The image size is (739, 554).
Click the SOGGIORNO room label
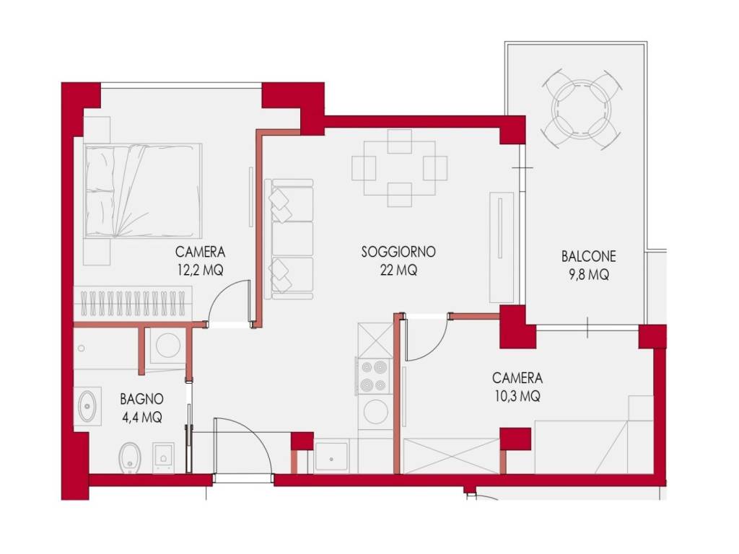click(398, 252)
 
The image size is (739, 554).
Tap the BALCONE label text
click(588, 256)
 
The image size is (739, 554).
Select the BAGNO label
click(141, 399)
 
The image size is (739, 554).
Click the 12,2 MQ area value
click(201, 270)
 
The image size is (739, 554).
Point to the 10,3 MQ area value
click(517, 396)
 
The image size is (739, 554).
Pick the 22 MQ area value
click(398, 270)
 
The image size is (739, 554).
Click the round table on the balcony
click(581, 110)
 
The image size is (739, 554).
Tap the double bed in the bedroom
click(144, 190)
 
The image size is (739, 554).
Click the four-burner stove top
click(374, 377)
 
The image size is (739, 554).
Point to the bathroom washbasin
click(87, 406)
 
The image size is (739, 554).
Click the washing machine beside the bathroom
click(167, 346)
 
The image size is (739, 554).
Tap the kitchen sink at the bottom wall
click(331, 457)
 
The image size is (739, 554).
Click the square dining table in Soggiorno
click(399, 168)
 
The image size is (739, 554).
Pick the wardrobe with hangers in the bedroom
click(133, 302)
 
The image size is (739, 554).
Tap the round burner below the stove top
click(375, 411)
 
